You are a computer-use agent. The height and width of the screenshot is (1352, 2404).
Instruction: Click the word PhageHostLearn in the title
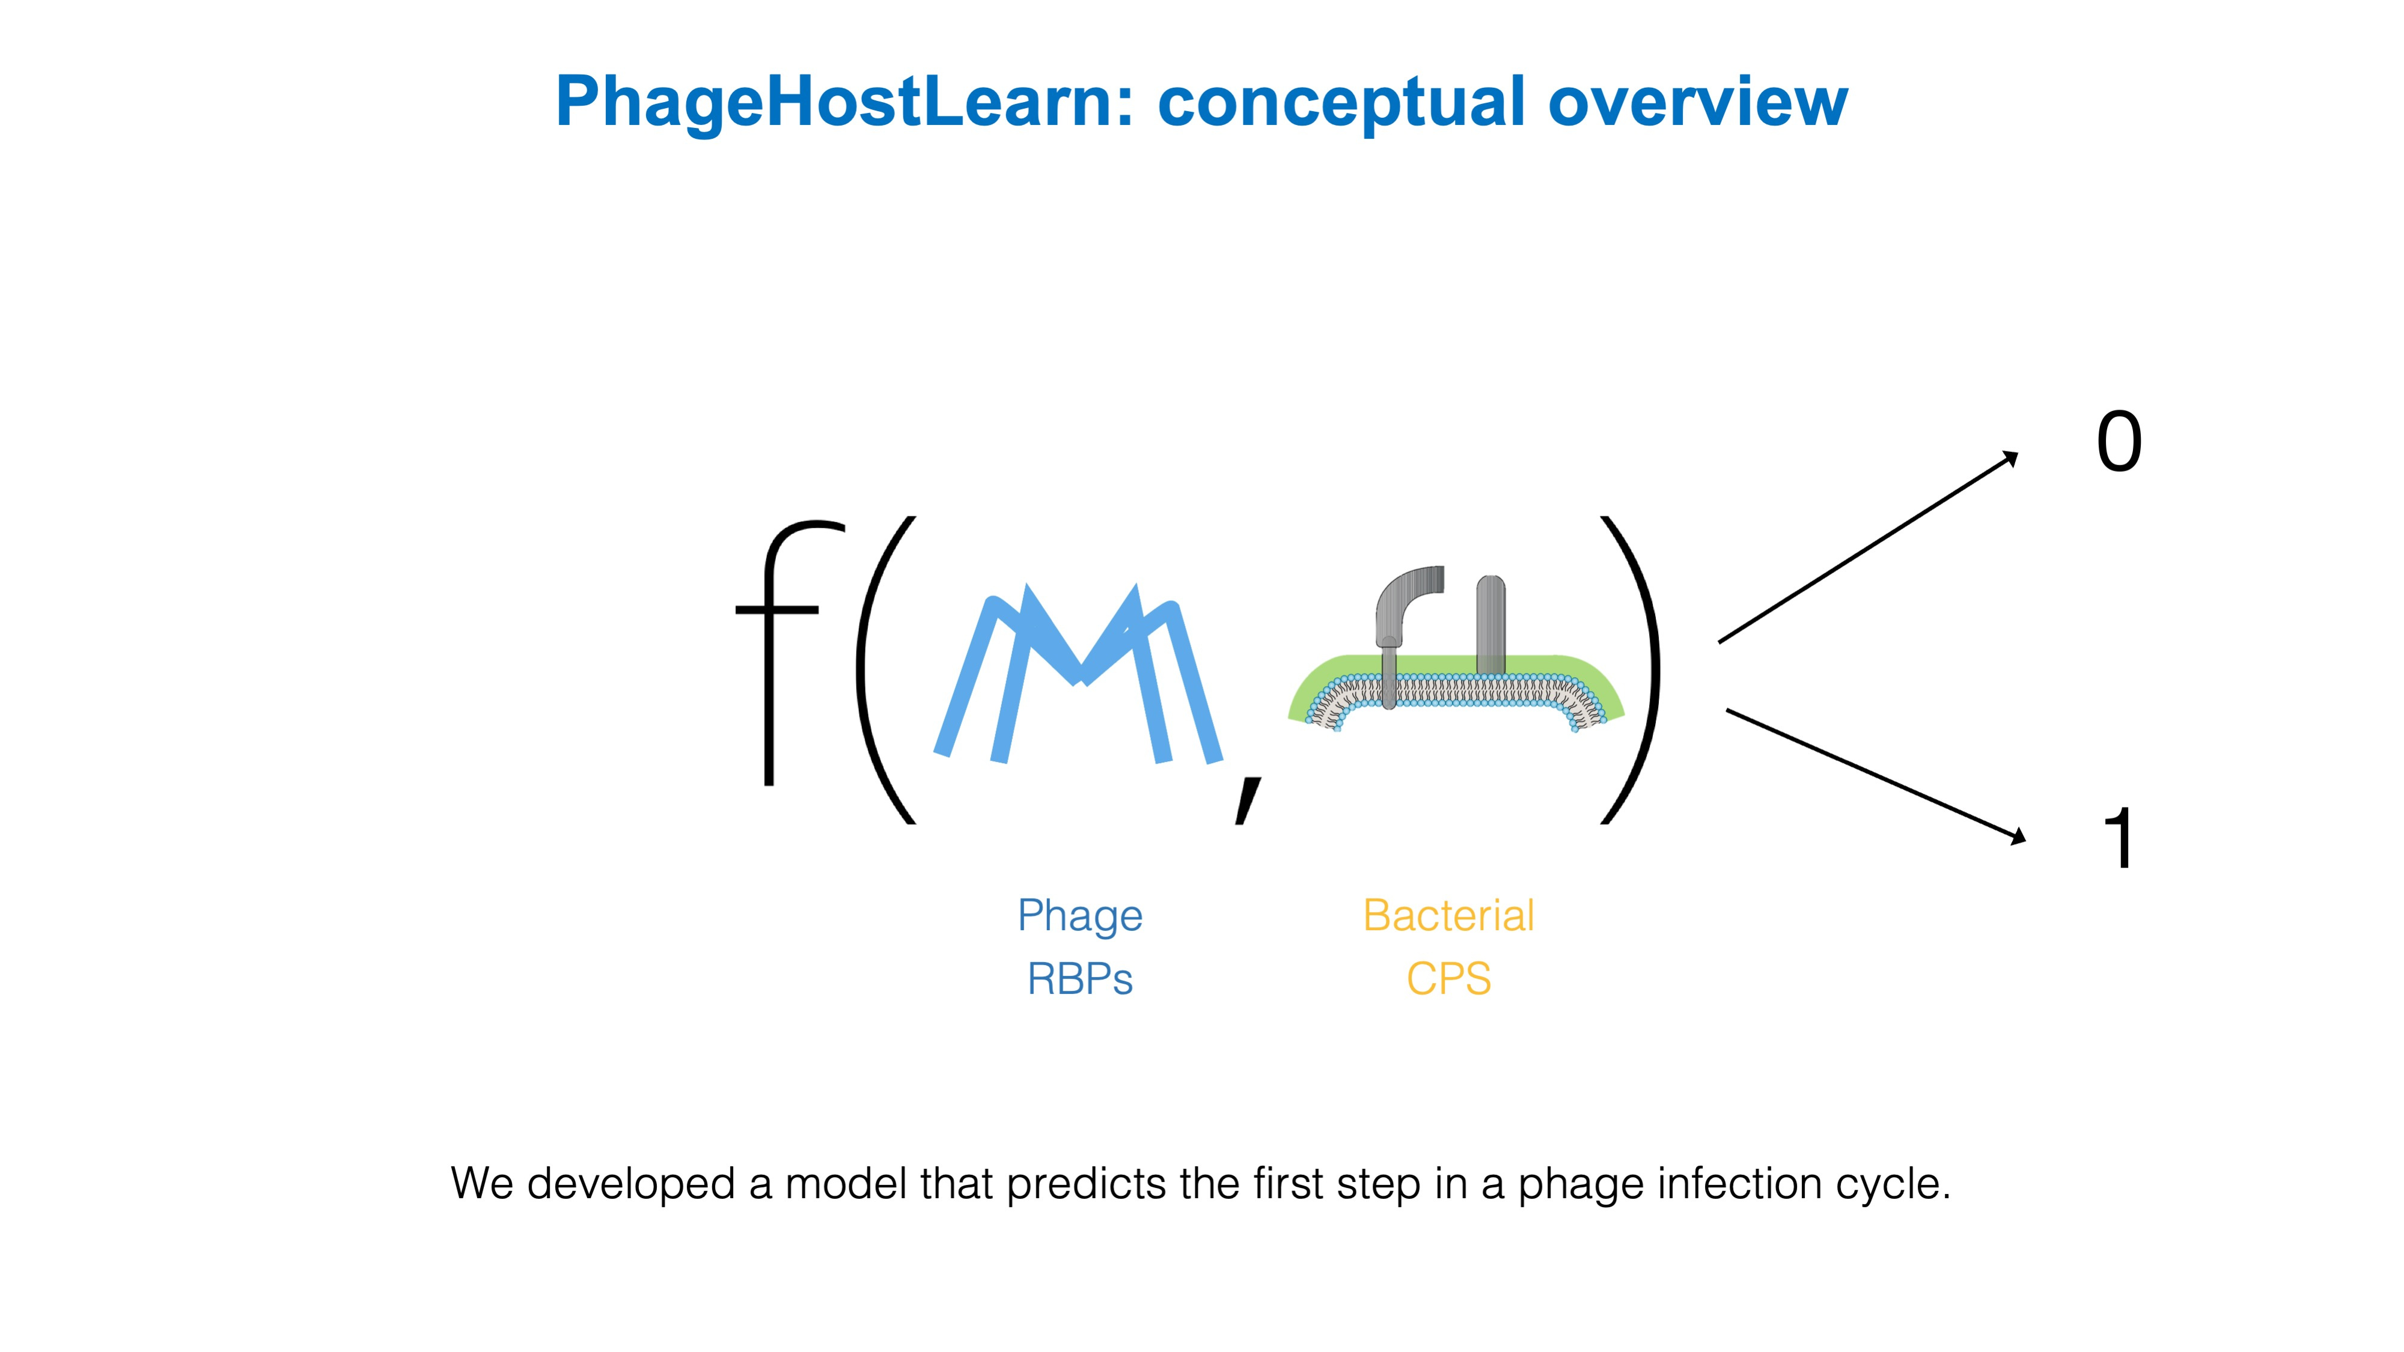click(x=844, y=103)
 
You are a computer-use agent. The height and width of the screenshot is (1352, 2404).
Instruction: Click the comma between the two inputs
click(x=1247, y=800)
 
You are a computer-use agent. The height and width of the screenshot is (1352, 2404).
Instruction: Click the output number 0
click(x=2119, y=442)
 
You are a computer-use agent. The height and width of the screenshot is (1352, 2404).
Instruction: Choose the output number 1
click(x=2119, y=838)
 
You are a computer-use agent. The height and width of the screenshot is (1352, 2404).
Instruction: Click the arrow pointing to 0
click(x=1867, y=549)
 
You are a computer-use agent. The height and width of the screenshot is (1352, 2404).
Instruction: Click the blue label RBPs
click(x=1080, y=979)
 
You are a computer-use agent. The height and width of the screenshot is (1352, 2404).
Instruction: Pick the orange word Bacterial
click(x=1448, y=915)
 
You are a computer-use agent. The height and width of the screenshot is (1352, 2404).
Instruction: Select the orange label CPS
click(x=1448, y=979)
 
